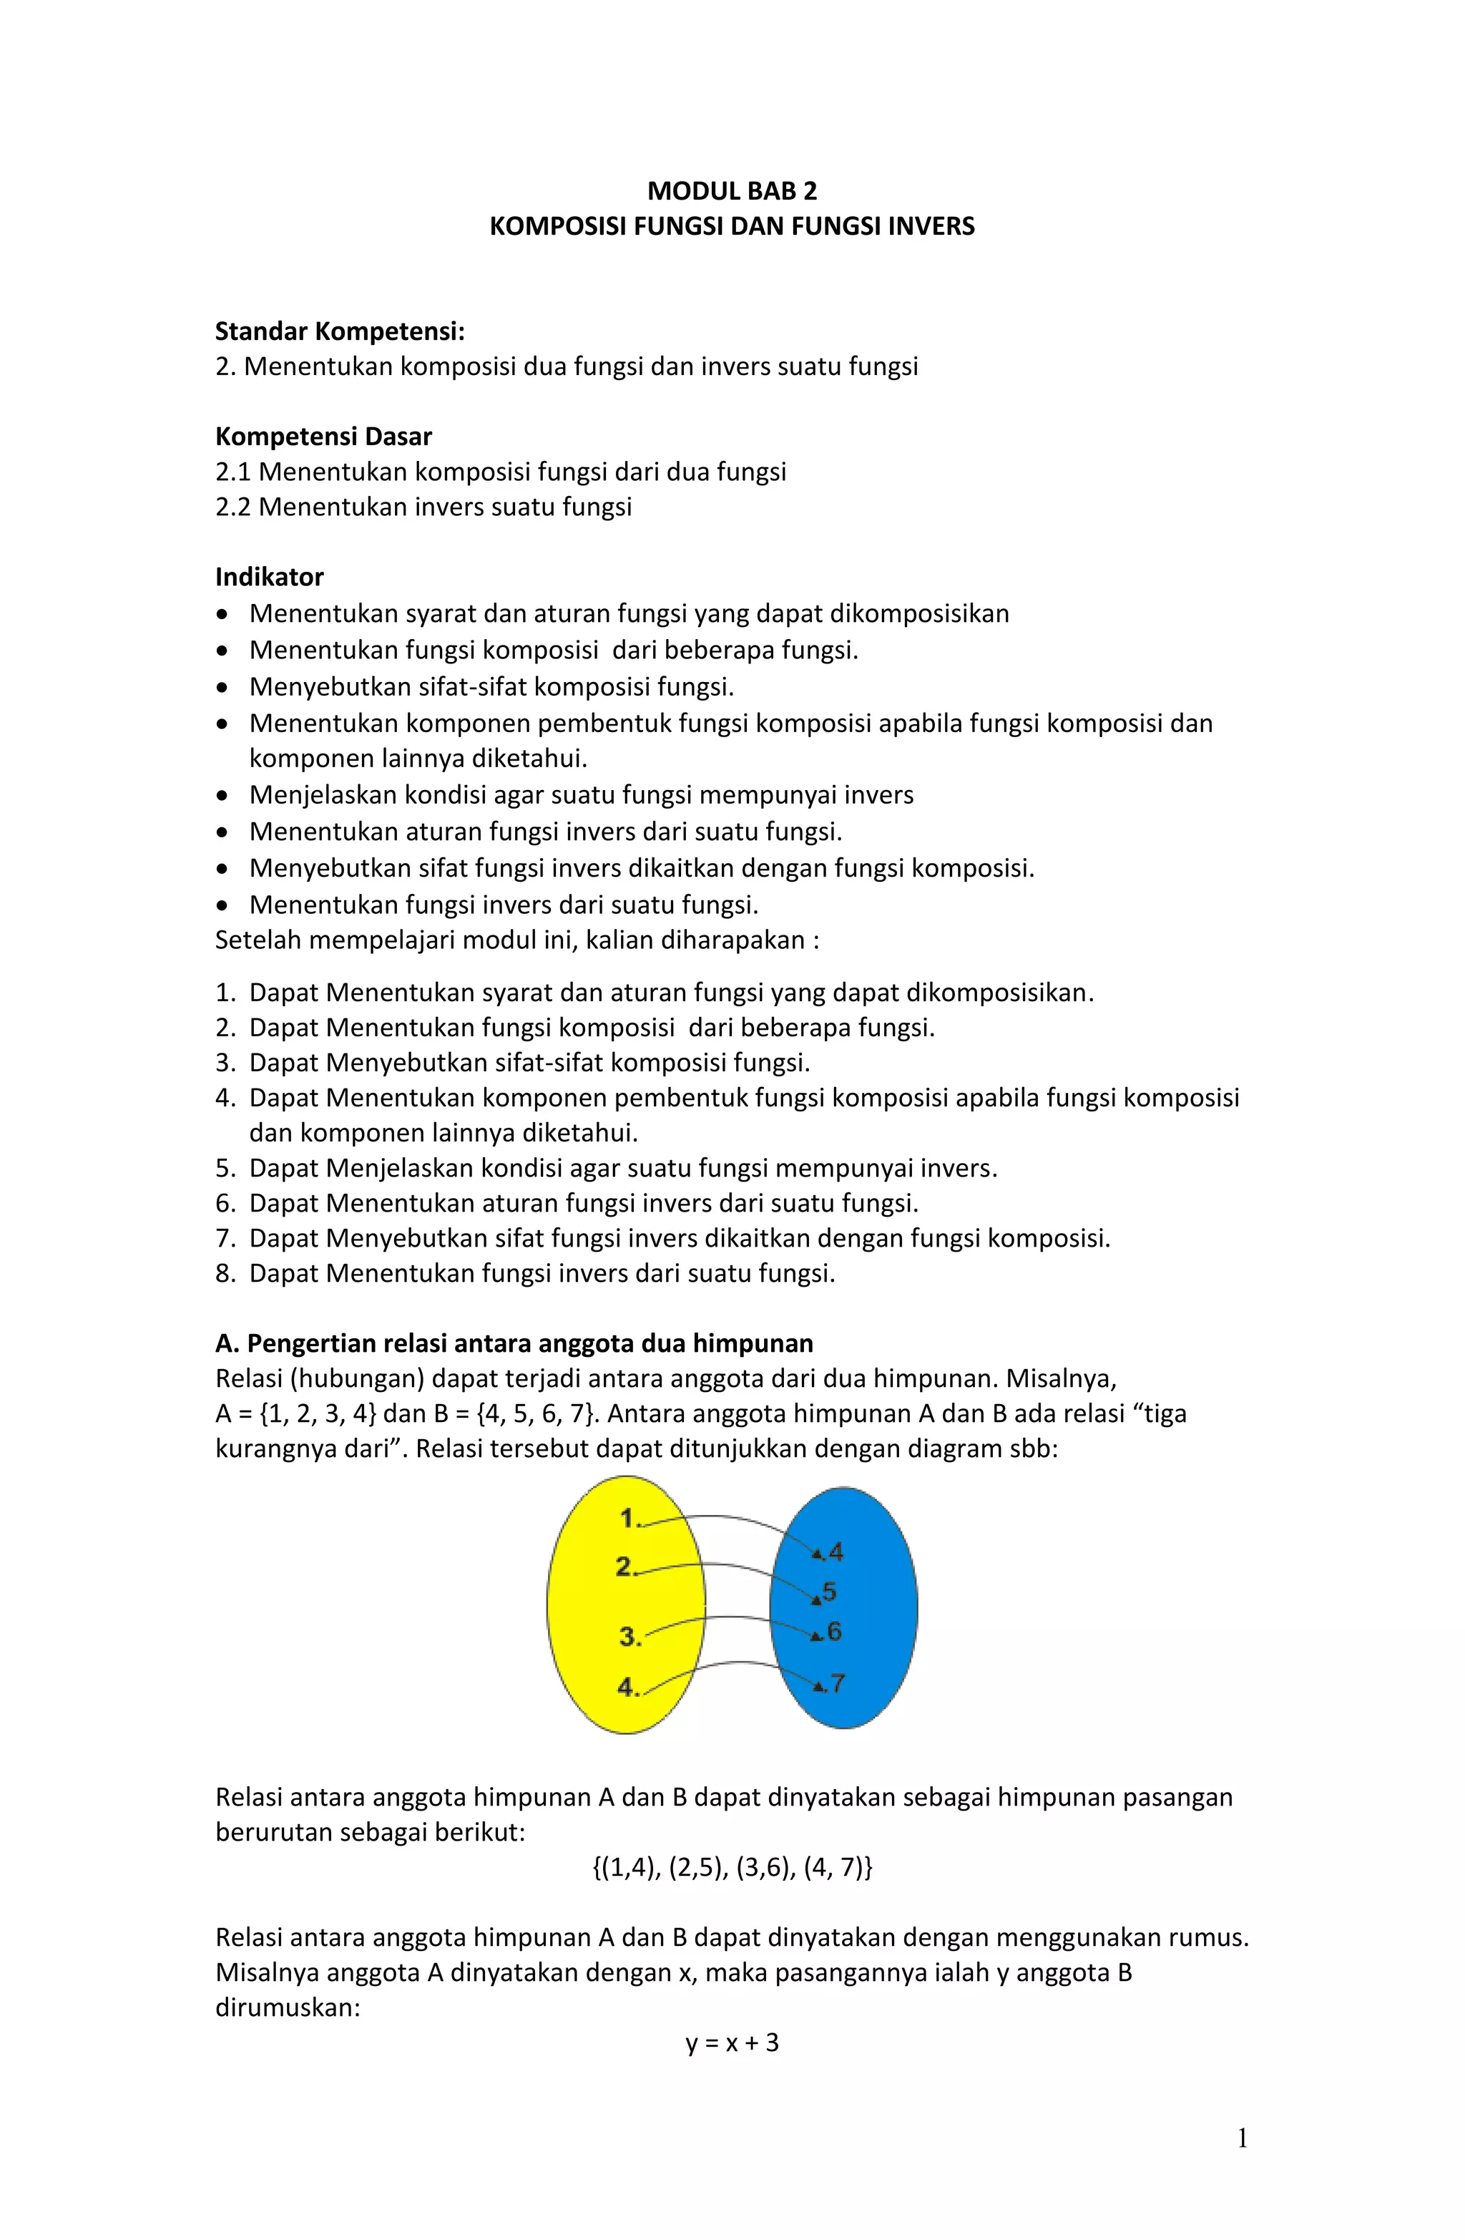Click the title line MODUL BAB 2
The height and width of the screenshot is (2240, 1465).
pos(731,191)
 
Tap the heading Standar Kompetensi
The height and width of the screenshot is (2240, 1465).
pos(340,331)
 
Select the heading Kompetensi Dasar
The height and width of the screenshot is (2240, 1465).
pos(323,437)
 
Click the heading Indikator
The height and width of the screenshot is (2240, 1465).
pos(269,577)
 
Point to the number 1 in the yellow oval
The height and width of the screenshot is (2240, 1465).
pos(629,1518)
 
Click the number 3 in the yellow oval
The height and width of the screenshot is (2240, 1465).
pos(629,1637)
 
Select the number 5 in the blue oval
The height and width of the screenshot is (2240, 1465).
pos(829,1592)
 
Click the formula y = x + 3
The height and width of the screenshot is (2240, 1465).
pos(731,2042)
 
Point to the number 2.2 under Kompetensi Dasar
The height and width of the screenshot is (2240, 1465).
pos(233,507)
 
